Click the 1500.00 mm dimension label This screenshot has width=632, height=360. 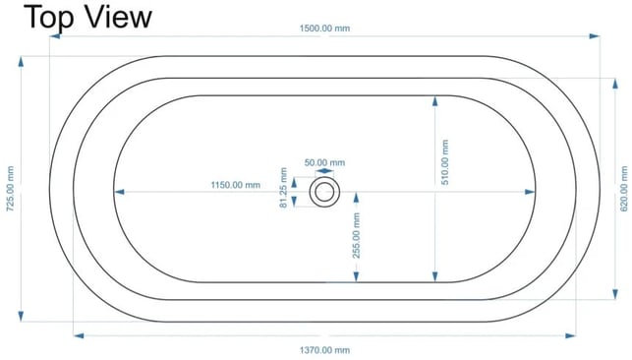click(324, 29)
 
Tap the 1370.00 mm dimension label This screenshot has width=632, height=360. click(324, 350)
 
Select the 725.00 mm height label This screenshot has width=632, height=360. click(10, 189)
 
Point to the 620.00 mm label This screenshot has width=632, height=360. click(624, 189)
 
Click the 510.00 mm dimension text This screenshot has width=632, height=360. click(445, 162)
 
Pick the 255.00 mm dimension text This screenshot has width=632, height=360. click(357, 235)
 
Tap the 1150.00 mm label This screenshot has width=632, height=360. click(236, 185)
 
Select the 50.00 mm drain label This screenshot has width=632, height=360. click(324, 162)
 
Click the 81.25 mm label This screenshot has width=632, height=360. click(283, 188)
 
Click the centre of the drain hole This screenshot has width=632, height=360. click(324, 192)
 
